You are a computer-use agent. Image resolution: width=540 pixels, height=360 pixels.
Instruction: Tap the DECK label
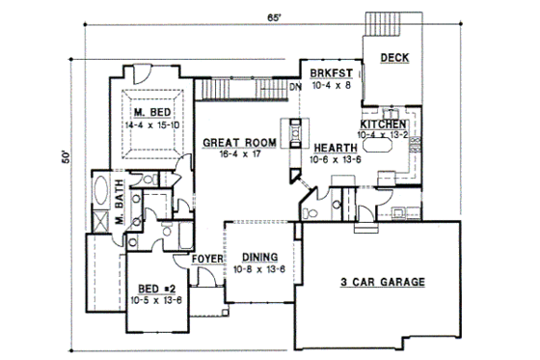pos(394,58)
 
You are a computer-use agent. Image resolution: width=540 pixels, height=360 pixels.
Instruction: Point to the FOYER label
pos(207,259)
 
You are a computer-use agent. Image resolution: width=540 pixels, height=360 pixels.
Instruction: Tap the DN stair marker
pos(295,87)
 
